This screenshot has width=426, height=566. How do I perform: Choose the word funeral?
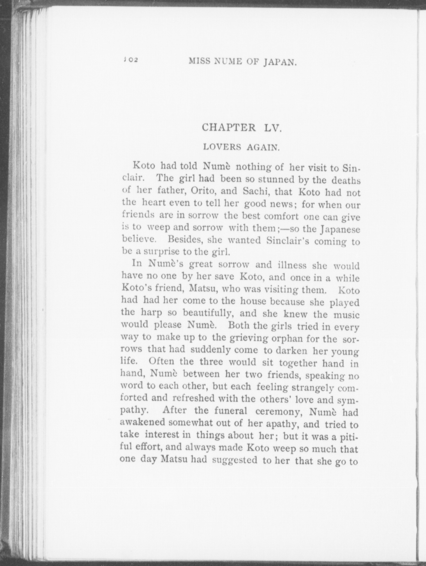pyautogui.click(x=231, y=411)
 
